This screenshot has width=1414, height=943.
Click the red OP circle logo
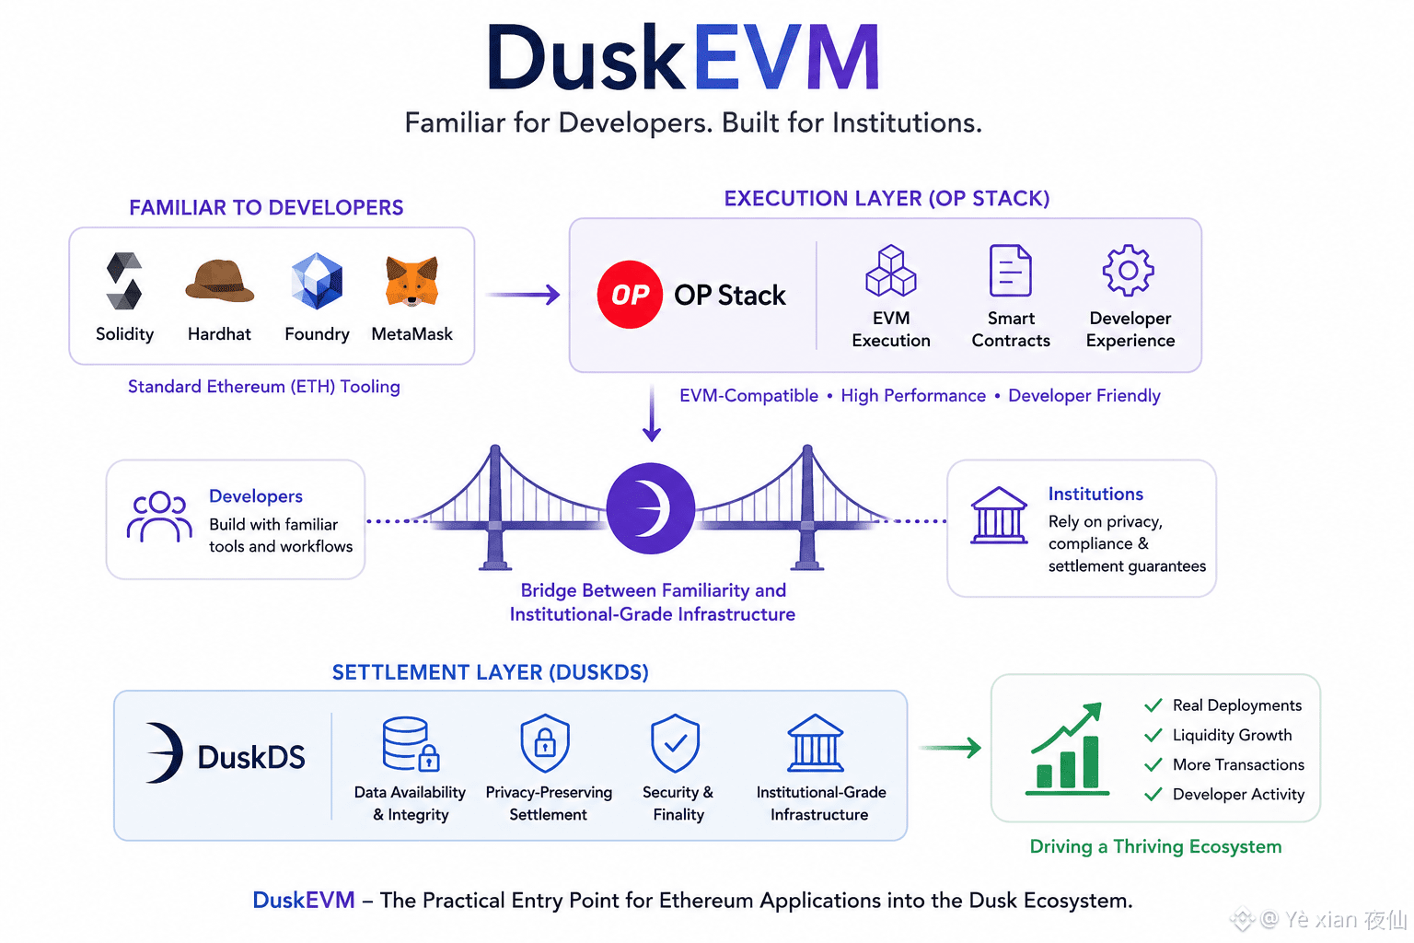(630, 295)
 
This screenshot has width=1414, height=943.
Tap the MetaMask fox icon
(411, 281)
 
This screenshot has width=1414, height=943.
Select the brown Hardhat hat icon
(219, 281)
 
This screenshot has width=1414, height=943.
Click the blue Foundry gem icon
(317, 281)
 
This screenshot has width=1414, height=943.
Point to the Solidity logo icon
(124, 281)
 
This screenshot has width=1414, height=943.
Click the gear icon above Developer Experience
(1129, 271)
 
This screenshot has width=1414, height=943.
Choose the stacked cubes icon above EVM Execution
(891, 271)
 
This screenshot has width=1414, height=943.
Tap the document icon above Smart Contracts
(1010, 271)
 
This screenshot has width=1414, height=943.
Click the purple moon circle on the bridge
(651, 508)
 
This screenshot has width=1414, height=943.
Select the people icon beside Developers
(159, 517)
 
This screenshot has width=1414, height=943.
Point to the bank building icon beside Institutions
(999, 516)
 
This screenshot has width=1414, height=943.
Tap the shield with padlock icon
(545, 743)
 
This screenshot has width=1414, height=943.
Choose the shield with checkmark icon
(676, 743)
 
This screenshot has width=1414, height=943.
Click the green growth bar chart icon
(1067, 749)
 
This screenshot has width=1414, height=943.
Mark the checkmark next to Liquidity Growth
(1153, 735)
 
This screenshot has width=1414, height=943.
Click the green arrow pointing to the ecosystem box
(950, 748)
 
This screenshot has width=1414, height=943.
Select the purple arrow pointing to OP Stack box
(523, 295)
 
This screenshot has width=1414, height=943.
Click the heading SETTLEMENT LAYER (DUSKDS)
(491, 672)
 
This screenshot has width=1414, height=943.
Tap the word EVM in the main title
(786, 57)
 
